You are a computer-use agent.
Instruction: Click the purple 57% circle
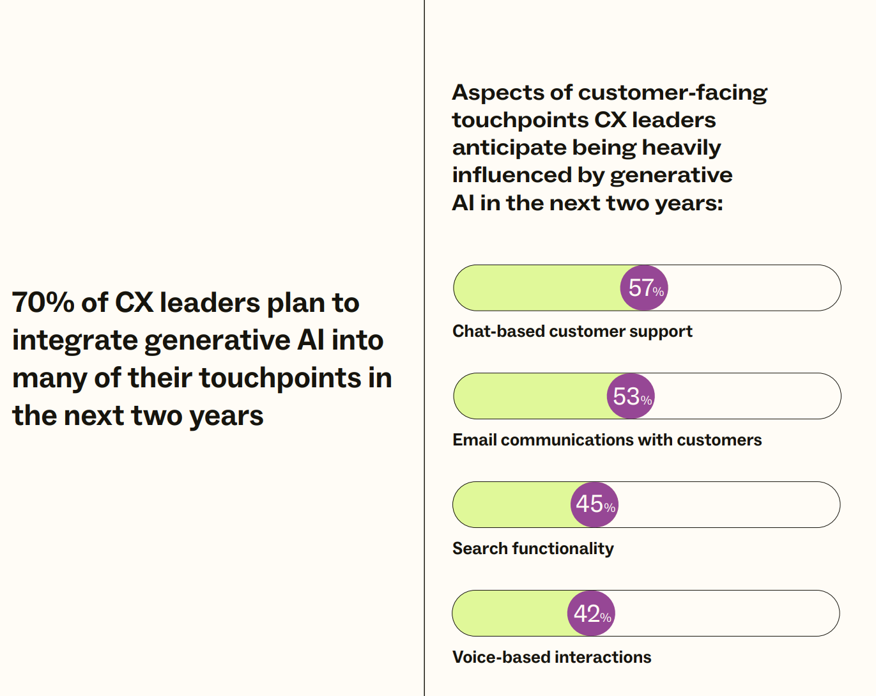coord(644,288)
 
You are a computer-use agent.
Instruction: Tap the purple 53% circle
coord(631,396)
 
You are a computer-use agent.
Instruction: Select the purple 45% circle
coord(594,504)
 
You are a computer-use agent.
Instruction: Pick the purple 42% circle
coord(591,614)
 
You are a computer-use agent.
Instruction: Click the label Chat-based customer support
coord(572,331)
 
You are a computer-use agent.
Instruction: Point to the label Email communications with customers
coord(606,440)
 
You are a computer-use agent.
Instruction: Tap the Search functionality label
coord(532,548)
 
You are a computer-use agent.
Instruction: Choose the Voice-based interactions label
coord(551,657)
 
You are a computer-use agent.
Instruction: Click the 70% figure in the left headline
coord(43,302)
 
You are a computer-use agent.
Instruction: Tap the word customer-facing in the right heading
coord(672,93)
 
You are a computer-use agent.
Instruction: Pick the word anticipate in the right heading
coord(509,148)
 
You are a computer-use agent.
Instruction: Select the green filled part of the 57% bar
coord(537,288)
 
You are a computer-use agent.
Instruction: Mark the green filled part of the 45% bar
coord(511,504)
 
